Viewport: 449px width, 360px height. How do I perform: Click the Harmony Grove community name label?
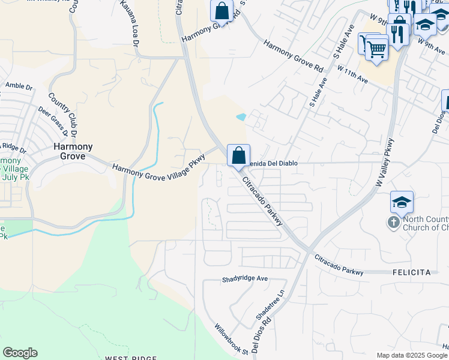(x=73, y=151)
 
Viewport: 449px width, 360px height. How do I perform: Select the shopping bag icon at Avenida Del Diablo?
(x=238, y=155)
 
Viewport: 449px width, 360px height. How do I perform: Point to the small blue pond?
(x=241, y=117)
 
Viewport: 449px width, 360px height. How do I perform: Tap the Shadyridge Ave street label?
(x=245, y=279)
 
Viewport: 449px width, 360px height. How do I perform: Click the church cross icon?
(x=394, y=223)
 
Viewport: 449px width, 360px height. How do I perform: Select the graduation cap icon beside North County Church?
(x=402, y=202)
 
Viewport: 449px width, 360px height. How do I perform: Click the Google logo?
(x=20, y=353)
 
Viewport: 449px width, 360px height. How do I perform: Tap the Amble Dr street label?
(x=19, y=86)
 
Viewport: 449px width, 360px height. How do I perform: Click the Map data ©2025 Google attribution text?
(x=412, y=355)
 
